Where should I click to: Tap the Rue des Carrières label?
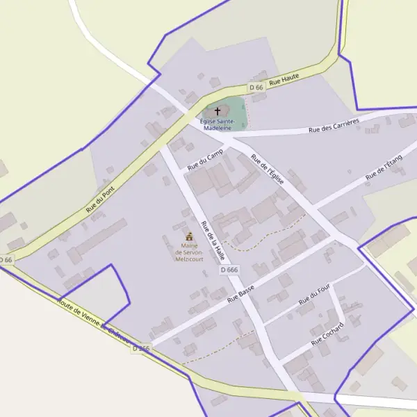[334, 126]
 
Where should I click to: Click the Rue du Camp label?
[205, 161]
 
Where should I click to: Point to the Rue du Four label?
[313, 297]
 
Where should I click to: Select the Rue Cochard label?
[328, 336]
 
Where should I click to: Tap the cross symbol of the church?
[218, 111]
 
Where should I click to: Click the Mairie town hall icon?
[189, 236]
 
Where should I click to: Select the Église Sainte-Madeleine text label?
[218, 124]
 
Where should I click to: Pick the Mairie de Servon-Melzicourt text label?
[189, 251]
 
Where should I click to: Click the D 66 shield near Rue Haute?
[256, 88]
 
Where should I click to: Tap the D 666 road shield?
[229, 270]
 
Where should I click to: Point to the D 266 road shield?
[140, 348]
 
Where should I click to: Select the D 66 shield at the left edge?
[6, 259]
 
